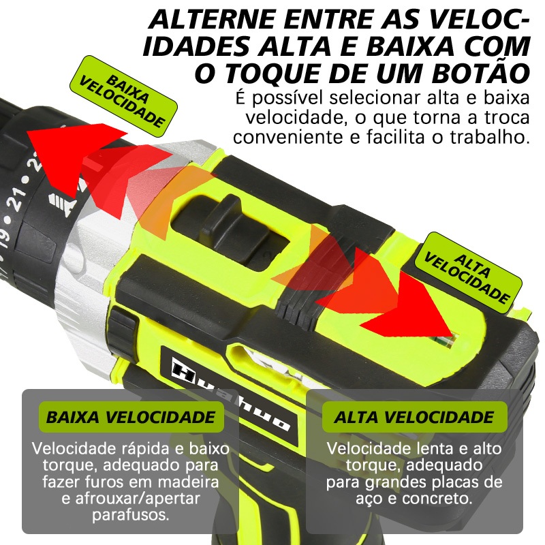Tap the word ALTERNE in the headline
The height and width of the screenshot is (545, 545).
(x=212, y=20)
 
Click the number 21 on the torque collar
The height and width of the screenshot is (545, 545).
(x=16, y=201)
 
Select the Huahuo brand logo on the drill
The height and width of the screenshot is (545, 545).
(x=230, y=396)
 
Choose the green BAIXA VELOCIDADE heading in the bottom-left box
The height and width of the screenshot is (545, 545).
(x=131, y=417)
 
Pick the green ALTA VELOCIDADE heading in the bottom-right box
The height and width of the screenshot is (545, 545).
(x=414, y=417)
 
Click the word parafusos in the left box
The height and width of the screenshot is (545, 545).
(x=131, y=515)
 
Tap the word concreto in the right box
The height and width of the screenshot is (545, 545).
(x=437, y=499)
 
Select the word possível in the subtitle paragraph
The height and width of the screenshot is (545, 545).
(x=290, y=98)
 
